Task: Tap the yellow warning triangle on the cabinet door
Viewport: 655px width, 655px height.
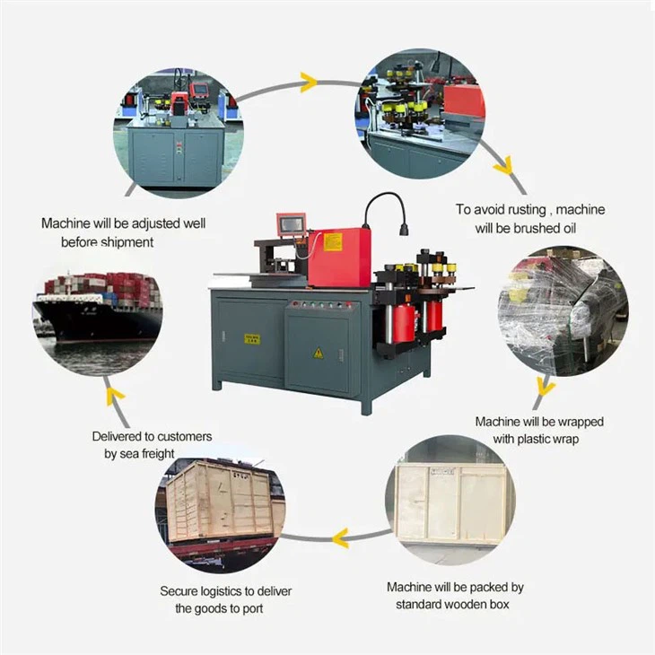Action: coord(318,354)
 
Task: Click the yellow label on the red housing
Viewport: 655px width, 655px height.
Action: coord(333,241)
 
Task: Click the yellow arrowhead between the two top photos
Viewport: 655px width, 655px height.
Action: coord(309,83)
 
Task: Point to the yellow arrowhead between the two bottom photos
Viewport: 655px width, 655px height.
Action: coord(339,538)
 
